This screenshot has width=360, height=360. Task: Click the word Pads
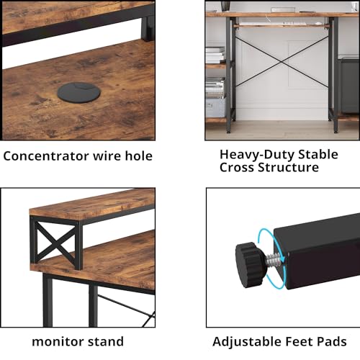point(332,341)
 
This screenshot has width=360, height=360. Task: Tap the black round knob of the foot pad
point(251,256)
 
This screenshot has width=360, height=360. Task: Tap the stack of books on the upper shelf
point(215,55)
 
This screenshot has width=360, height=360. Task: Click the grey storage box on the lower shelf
point(215,107)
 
